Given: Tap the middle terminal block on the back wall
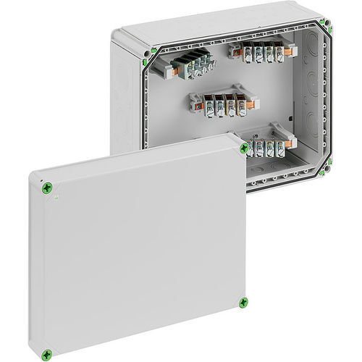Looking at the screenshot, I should click(218, 102).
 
